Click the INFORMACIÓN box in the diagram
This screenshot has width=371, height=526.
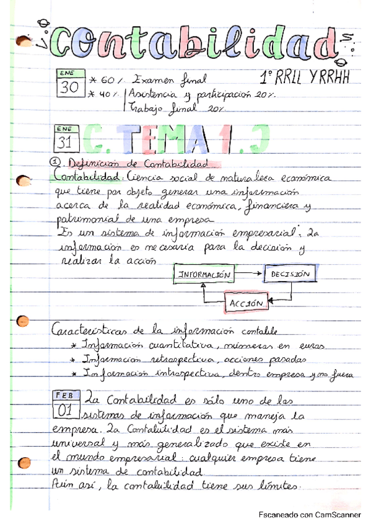click(204, 274)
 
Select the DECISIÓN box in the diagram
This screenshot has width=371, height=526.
click(290, 273)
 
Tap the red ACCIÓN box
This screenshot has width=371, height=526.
click(247, 303)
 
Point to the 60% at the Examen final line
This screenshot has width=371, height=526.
click(109, 81)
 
